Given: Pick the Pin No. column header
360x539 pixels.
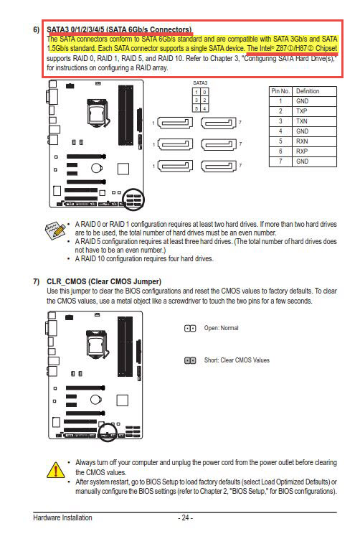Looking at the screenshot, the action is tap(280, 91).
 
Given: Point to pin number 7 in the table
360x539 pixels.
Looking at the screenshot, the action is tap(280, 161).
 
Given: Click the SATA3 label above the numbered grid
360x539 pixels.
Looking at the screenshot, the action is tap(200, 83).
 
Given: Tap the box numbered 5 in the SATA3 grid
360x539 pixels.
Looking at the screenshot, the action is tap(196, 108).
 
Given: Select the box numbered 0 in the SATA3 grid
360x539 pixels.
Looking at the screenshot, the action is tap(204, 92).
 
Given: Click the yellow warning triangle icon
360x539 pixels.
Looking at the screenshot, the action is tap(55, 470).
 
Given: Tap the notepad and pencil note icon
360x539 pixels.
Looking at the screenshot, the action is tap(55, 230).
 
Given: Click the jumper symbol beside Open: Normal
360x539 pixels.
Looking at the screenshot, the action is tap(190, 328).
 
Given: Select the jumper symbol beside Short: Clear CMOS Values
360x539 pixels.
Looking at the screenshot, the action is tap(190, 360).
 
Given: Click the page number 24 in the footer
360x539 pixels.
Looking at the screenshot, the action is tap(186, 517).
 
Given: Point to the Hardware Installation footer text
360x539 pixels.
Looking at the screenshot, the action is tap(62, 517).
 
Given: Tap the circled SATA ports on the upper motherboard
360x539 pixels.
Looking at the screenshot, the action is tap(133, 199).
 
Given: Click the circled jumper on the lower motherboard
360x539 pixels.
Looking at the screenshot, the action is tap(108, 432).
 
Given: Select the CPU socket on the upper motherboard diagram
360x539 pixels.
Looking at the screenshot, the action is tap(98, 110).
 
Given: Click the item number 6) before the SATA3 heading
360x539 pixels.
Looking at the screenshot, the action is tap(37, 29).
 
